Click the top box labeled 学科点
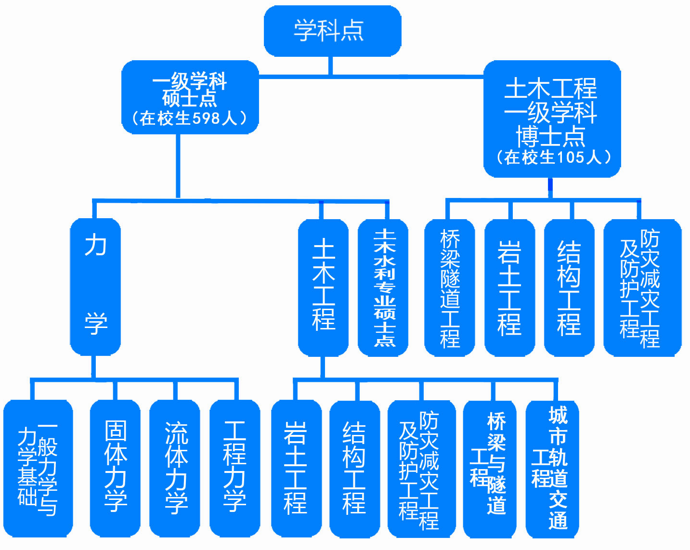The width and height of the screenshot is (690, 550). point(332,30)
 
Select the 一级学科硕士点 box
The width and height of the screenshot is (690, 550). point(190,97)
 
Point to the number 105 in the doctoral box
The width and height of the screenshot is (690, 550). point(570,157)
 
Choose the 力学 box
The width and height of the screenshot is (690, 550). point(95,287)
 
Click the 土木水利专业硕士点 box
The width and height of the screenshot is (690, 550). point(383,288)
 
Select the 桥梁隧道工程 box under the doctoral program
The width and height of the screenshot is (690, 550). point(450,288)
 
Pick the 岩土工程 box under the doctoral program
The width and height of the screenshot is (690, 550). point(509,288)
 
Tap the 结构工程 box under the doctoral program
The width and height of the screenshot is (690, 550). point(569,288)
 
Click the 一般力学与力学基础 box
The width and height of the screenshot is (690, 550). point(38,468)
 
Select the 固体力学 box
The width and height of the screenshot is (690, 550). point(116,468)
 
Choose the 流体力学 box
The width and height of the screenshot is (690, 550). point(175,468)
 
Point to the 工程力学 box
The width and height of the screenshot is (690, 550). point(235,468)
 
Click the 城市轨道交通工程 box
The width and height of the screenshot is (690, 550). point(552,468)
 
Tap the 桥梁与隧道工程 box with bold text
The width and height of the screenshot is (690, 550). point(490,468)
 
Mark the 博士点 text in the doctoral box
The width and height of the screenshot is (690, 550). point(551,136)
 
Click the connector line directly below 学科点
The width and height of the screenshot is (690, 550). point(331,65)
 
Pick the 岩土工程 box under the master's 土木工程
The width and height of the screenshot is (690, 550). point(296,468)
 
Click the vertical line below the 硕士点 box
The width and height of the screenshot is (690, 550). point(178,166)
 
